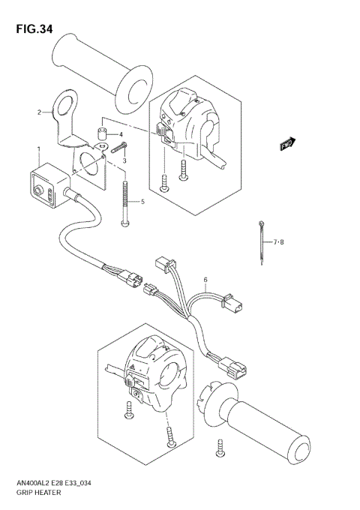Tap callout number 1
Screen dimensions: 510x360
38,150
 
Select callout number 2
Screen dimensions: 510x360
39,113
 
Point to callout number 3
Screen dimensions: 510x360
125,161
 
